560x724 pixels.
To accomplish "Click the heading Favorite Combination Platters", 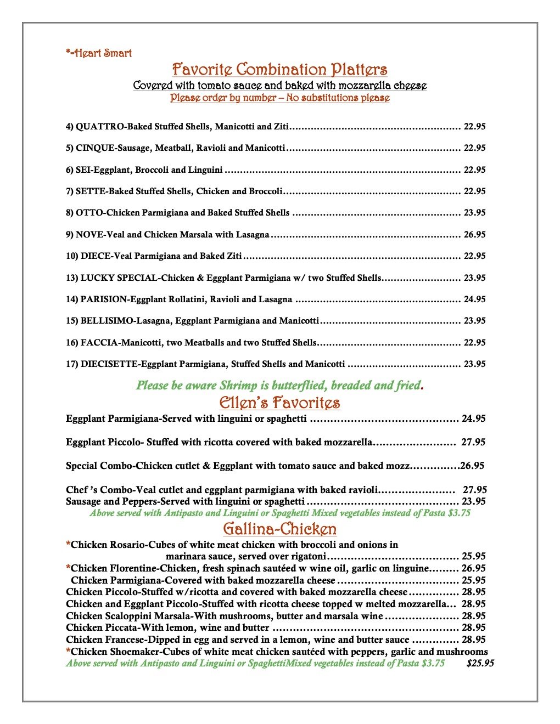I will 279,70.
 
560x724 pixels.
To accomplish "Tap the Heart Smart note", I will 99,53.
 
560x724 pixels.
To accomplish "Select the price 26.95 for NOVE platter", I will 474,235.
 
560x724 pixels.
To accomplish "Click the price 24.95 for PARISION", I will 474,299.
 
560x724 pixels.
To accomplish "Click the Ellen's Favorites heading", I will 279,403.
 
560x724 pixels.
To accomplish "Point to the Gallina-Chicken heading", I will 279,529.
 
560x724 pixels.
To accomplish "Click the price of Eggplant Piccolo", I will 473,443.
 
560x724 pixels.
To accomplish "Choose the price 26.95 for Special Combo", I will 472,466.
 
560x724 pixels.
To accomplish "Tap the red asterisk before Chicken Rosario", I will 68,545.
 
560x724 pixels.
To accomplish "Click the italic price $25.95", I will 480,664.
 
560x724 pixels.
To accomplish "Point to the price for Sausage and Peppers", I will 473,502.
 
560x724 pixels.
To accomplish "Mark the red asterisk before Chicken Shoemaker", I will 68,652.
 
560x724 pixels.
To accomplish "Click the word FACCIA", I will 99,343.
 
